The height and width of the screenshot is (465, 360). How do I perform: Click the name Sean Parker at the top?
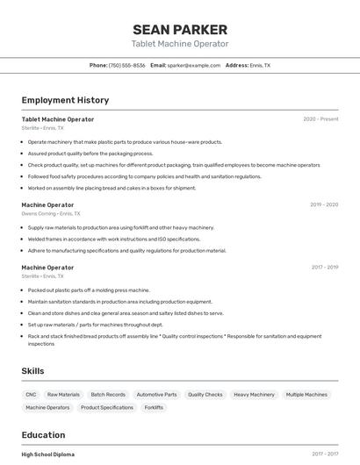pyautogui.click(x=180, y=29)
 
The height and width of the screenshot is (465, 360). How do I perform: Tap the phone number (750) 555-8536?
pyautogui.click(x=127, y=65)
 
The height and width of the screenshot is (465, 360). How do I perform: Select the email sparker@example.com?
pyautogui.click(x=193, y=65)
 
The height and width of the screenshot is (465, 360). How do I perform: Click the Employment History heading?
pyautogui.click(x=65, y=100)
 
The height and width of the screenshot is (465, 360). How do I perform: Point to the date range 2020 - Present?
pyautogui.click(x=320, y=119)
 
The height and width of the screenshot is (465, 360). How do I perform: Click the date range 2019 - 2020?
pyautogui.click(x=323, y=204)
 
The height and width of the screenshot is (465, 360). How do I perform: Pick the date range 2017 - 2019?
pyautogui.click(x=325, y=267)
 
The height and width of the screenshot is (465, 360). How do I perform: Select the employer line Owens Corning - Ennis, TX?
pyautogui.click(x=51, y=213)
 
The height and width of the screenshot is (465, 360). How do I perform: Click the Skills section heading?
pyautogui.click(x=32, y=371)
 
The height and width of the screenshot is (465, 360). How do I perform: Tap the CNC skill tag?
pyautogui.click(x=32, y=395)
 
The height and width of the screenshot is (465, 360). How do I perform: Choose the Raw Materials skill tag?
pyautogui.click(x=63, y=395)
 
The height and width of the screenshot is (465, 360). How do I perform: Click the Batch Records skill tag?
pyautogui.click(x=108, y=395)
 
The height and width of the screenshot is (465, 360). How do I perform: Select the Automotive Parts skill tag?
pyautogui.click(x=156, y=395)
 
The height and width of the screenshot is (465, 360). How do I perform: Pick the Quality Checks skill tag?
pyautogui.click(x=205, y=395)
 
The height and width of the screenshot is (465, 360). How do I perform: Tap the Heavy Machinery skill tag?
pyautogui.click(x=254, y=395)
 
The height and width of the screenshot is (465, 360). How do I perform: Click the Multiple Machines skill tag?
pyautogui.click(x=306, y=395)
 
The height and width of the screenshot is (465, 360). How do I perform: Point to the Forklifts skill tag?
pyautogui.click(x=154, y=408)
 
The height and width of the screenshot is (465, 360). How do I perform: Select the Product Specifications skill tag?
pyautogui.click(x=107, y=408)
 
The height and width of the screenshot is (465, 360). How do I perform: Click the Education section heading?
pyautogui.click(x=43, y=435)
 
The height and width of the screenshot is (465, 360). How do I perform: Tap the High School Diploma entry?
pyautogui.click(x=48, y=454)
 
